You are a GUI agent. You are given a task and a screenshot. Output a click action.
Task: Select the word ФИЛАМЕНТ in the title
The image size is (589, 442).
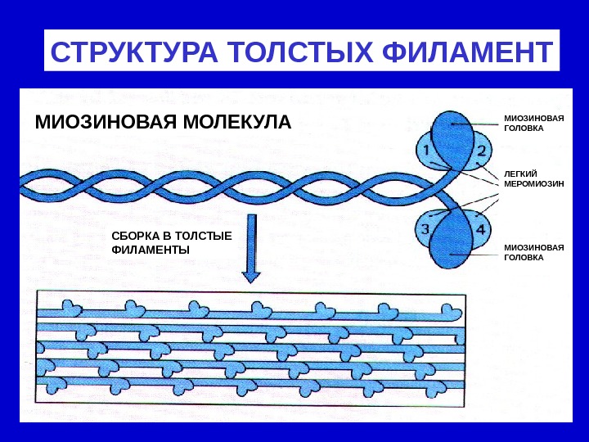[456, 52]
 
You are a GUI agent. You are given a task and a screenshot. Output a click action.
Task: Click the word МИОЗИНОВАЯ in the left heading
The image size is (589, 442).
[98, 124]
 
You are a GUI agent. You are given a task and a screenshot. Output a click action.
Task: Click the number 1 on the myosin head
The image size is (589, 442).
[425, 151]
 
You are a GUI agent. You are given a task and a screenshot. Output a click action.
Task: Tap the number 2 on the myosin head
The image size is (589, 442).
[482, 151]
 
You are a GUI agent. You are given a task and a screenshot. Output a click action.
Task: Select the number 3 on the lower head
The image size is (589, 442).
[425, 229]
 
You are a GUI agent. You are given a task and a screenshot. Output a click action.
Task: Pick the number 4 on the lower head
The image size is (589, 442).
[482, 229]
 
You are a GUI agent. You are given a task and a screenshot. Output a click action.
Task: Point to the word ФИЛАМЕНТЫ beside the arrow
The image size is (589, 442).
[150, 250]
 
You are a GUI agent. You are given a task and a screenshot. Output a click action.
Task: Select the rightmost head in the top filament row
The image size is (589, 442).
[448, 311]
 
